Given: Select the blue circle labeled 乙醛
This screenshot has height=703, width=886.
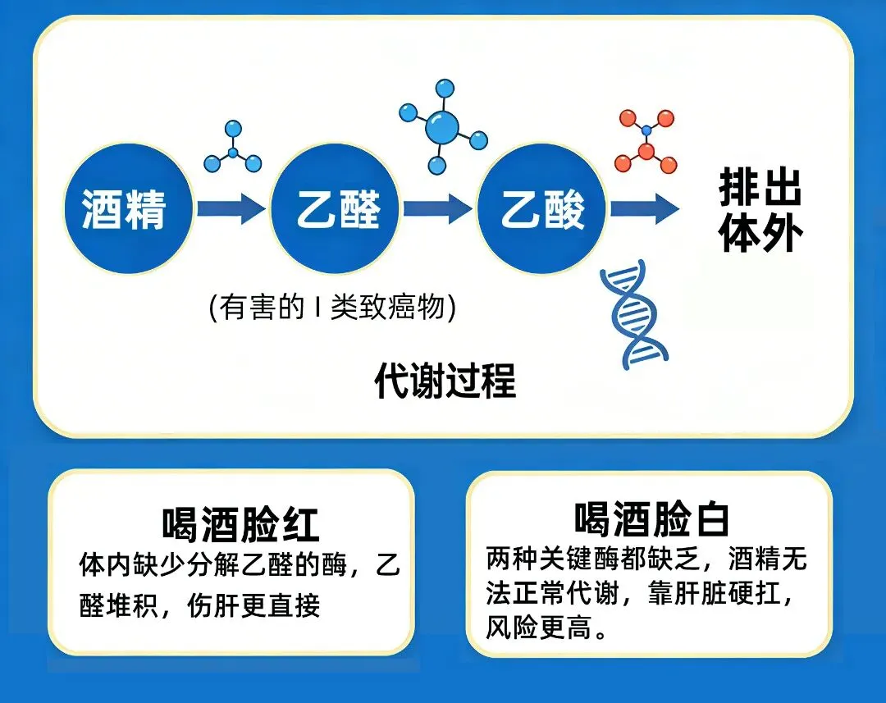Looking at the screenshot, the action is (x=337, y=209).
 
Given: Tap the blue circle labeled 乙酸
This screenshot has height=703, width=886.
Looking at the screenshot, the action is (x=542, y=209).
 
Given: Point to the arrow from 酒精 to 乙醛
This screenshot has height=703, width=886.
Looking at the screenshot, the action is (x=231, y=209).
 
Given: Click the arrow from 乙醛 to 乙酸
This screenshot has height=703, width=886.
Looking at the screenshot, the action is (x=438, y=209).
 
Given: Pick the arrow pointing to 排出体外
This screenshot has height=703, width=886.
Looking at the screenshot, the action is (x=644, y=209).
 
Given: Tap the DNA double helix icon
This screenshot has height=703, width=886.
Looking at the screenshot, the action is (x=633, y=313).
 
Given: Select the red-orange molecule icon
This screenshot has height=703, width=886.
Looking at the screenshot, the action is (x=646, y=142).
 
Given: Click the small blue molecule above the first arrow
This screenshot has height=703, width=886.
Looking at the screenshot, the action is (x=233, y=148).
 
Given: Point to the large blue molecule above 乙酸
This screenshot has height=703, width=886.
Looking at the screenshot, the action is (x=442, y=126).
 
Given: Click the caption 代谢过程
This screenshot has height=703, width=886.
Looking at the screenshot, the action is (x=445, y=380).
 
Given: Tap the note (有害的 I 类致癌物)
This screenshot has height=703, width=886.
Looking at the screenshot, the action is (x=332, y=308).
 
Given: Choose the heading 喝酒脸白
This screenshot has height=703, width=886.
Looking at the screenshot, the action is (x=652, y=519).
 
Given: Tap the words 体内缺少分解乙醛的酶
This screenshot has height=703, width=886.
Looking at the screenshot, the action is (x=214, y=564).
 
